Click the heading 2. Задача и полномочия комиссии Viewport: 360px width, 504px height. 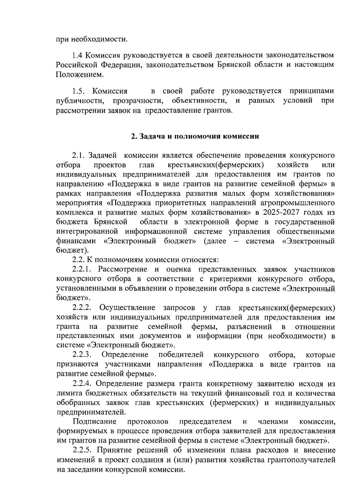[x=195, y=136]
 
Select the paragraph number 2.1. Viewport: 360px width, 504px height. [x=79, y=155]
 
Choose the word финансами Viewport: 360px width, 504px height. [x=76, y=241]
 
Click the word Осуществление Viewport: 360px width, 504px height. [x=127, y=307]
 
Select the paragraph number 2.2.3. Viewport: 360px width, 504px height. [x=82, y=355]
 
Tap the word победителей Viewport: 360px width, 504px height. [x=181, y=355]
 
